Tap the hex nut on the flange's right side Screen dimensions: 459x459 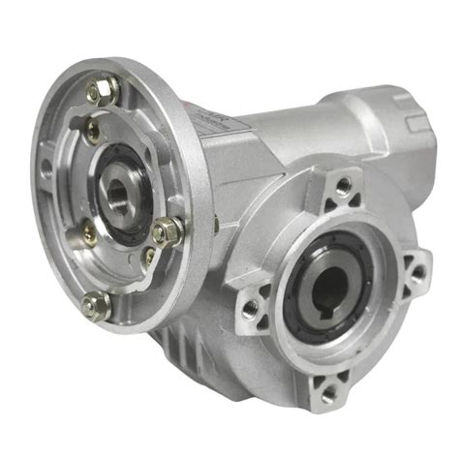click(167, 232)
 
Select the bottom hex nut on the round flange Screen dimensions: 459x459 click(94, 305)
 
